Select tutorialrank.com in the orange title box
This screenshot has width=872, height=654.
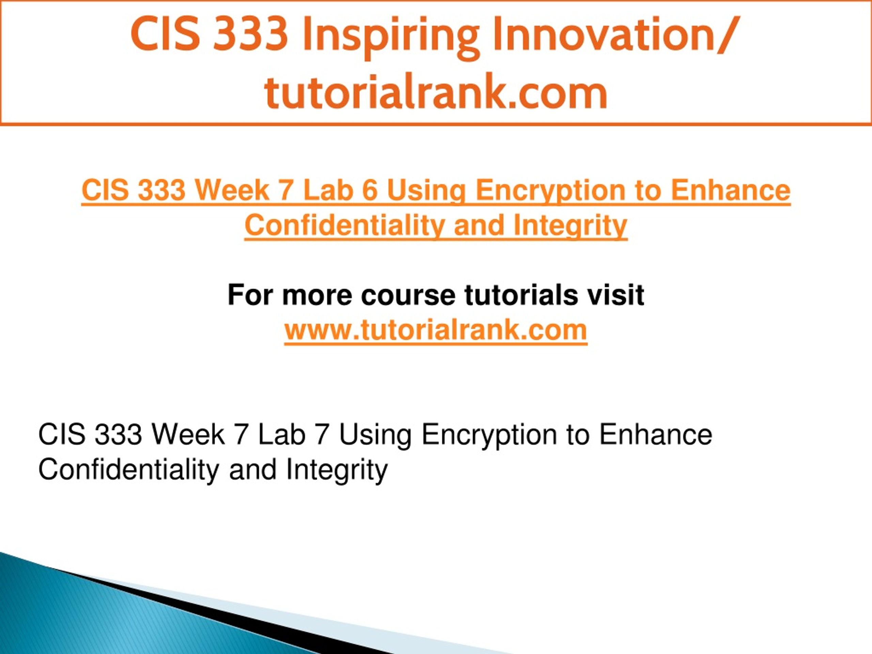tap(436, 92)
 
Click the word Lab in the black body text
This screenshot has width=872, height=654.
tap(281, 435)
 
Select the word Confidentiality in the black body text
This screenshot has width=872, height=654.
tap(129, 469)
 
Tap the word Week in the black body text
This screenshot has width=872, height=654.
tap(188, 435)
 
